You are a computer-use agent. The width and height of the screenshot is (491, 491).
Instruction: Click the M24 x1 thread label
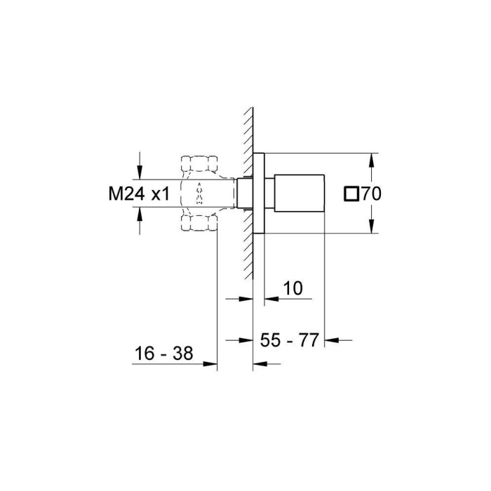click(x=139, y=194)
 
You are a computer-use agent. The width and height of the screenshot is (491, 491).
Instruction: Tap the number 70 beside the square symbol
click(x=370, y=194)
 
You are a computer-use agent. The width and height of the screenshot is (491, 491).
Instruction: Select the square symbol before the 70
click(x=352, y=194)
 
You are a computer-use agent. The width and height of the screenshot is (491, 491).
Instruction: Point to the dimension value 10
click(x=292, y=288)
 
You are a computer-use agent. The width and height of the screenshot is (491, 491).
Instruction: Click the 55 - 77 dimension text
click(x=289, y=340)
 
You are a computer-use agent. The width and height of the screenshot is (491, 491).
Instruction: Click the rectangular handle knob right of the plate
click(x=300, y=192)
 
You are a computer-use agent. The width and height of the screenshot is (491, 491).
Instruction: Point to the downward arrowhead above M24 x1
click(x=140, y=173)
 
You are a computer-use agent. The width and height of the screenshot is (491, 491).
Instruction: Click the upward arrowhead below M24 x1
click(x=140, y=216)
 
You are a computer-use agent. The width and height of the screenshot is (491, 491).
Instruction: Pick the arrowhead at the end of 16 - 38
click(x=210, y=363)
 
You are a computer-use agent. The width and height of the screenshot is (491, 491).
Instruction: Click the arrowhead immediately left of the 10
click(x=269, y=299)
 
